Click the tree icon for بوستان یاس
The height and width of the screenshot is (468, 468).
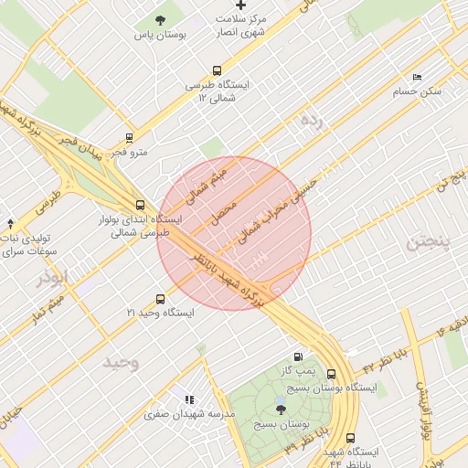161,20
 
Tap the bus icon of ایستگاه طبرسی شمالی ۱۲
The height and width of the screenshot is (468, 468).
217,69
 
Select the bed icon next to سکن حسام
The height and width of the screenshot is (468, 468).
418,77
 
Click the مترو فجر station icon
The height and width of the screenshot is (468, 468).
129,139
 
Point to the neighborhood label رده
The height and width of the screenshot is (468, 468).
311,121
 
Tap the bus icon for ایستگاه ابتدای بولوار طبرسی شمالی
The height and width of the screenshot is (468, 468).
140,206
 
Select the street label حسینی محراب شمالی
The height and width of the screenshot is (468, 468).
277,210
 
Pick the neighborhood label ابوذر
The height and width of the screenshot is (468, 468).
53,277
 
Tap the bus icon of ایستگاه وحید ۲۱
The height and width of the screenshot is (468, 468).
161,299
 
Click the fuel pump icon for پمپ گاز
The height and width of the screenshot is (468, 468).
298,357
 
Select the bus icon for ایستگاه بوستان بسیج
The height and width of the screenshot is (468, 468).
330,374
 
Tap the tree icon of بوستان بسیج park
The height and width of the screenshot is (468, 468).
281,409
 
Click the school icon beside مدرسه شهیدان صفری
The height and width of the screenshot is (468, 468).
189,399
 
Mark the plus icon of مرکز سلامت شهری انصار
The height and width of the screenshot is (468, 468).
240,5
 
